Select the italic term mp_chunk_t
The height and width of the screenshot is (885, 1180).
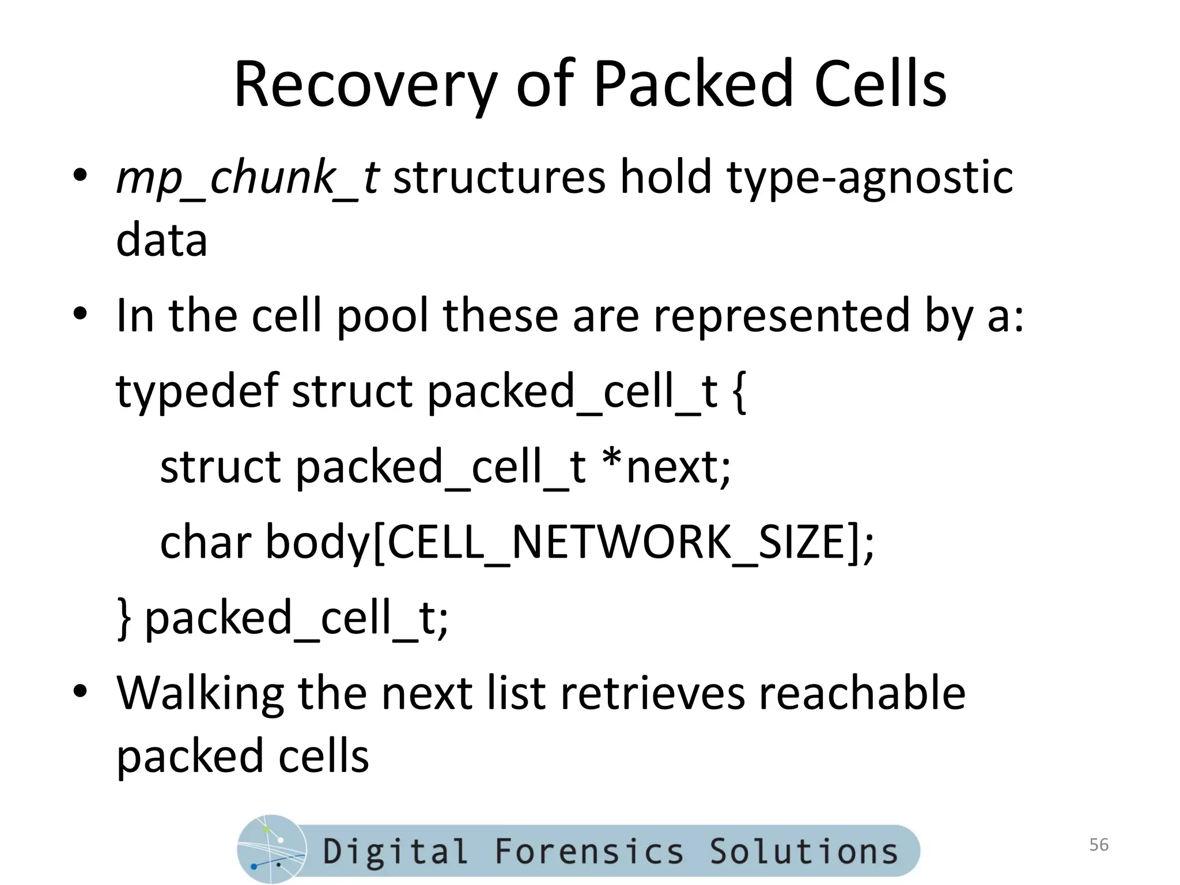[247, 177]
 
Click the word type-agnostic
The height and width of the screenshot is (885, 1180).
[869, 177]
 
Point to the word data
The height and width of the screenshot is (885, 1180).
[162, 240]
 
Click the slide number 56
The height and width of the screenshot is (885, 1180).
[1099, 845]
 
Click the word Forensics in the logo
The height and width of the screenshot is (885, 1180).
[589, 851]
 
